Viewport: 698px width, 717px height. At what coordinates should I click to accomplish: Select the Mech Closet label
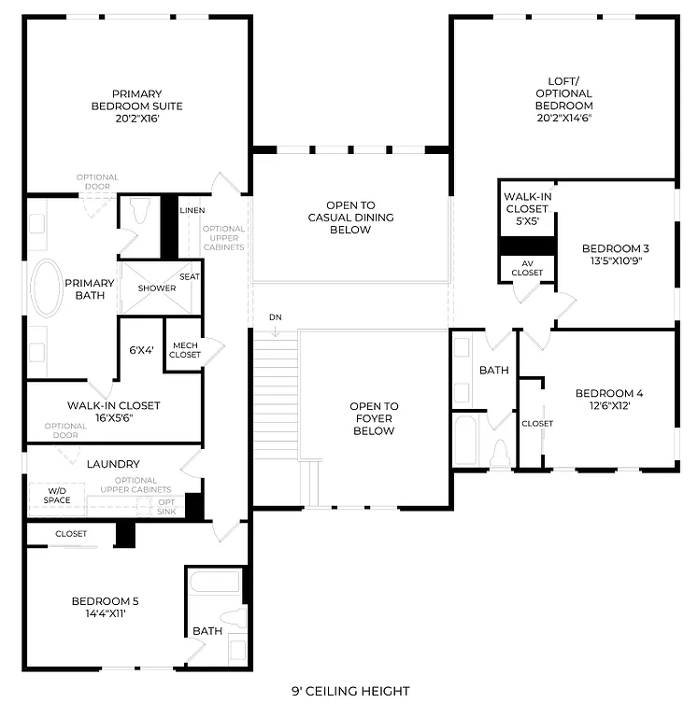(185, 349)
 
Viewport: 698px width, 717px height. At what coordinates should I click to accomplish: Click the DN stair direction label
(275, 317)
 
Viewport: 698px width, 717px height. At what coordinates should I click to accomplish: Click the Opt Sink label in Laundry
(166, 507)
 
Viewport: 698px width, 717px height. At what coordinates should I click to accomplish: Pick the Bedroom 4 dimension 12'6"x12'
(608, 406)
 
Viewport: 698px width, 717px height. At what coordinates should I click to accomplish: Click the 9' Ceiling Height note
(350, 691)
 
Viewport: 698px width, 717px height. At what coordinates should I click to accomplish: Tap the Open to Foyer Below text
(374, 418)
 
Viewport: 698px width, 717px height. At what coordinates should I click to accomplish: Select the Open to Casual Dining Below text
(350, 217)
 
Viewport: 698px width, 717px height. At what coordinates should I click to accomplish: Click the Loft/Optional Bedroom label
(563, 99)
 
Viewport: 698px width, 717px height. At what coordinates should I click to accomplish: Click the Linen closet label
(192, 211)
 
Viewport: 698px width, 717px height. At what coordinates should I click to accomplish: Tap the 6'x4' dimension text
(141, 350)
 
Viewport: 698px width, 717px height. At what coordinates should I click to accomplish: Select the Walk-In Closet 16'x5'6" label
(113, 412)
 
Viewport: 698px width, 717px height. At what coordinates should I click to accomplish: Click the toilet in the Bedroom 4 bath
(499, 453)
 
